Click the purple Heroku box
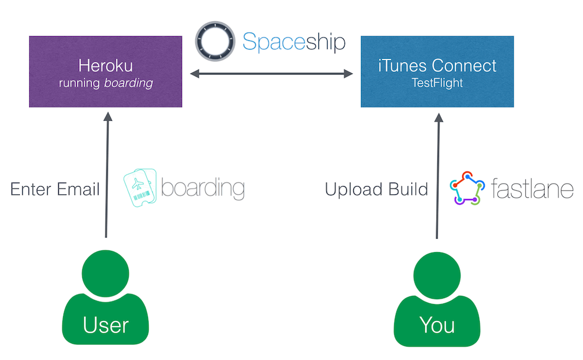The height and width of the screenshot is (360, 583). pyautogui.click(x=106, y=72)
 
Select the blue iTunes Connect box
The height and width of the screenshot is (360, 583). pyautogui.click(x=437, y=72)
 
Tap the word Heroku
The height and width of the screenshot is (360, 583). pyautogui.click(x=106, y=66)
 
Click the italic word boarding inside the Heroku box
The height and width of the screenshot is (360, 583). pyautogui.click(x=129, y=83)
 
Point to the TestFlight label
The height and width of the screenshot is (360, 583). pyautogui.click(x=437, y=83)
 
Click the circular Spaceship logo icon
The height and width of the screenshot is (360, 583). pyautogui.click(x=215, y=41)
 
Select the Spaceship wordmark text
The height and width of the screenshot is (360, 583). pyautogui.click(x=294, y=41)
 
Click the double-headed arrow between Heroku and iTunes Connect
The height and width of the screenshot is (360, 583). pyautogui.click(x=272, y=74)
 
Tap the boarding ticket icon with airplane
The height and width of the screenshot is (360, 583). pyautogui.click(x=140, y=187)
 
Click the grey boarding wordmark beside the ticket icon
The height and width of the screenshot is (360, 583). pyautogui.click(x=203, y=188)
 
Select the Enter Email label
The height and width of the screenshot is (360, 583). pyautogui.click(x=55, y=189)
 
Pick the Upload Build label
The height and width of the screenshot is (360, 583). pyautogui.click(x=377, y=189)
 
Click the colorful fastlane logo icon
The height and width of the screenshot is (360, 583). pyautogui.click(x=468, y=188)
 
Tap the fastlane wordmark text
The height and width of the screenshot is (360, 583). pyautogui.click(x=532, y=188)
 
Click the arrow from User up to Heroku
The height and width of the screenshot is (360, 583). pyautogui.click(x=107, y=174)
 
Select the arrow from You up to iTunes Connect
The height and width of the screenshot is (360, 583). pyautogui.click(x=438, y=176)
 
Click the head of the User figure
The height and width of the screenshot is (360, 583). pyautogui.click(x=106, y=274)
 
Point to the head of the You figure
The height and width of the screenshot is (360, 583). pyautogui.click(x=437, y=275)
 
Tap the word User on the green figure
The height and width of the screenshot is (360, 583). pyautogui.click(x=106, y=326)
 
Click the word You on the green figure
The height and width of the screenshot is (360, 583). pyautogui.click(x=437, y=326)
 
